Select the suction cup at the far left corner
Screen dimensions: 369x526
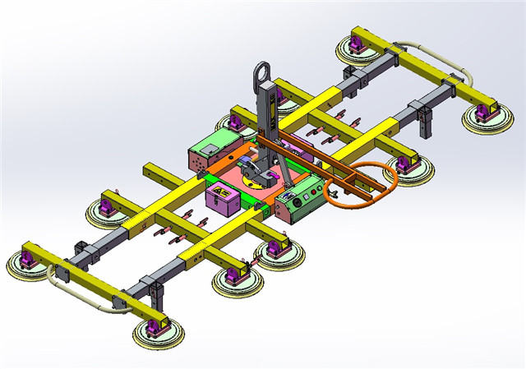[30, 265]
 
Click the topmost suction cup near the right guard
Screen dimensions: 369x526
[358, 51]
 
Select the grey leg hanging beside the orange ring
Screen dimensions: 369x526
[426, 123]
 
